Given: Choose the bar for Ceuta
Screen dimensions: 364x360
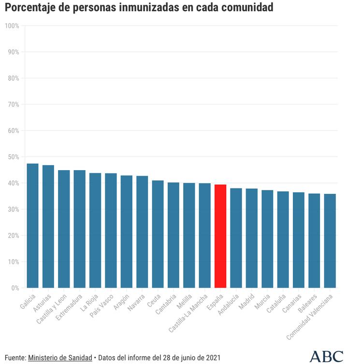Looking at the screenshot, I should (x=158, y=234).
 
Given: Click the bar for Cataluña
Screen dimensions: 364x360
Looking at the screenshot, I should (x=283, y=239).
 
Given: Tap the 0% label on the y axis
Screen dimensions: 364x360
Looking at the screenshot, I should (x=14, y=288).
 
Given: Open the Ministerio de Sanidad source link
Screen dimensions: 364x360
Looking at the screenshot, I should (x=60, y=358).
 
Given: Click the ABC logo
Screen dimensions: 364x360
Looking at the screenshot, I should (x=326, y=356).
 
